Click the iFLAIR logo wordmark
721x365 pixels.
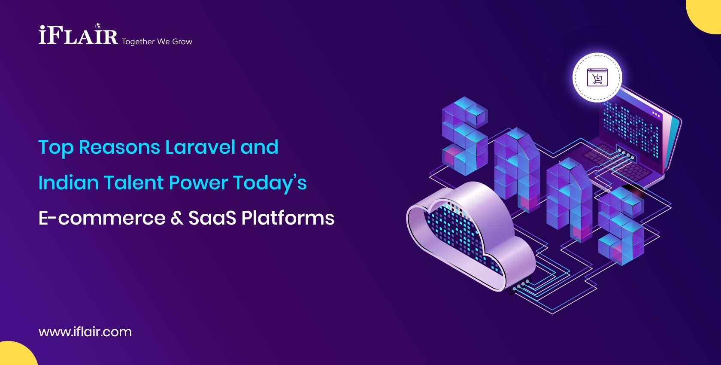coord(78,35)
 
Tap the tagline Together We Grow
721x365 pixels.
coord(157,42)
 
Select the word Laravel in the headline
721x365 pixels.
coord(200,147)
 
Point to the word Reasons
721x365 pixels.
coord(119,147)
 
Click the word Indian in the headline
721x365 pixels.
coord(68,182)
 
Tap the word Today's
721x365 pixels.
coord(270,182)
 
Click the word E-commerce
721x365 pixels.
coord(102,218)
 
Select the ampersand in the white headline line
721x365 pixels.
coord(177,218)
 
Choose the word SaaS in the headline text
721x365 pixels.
coord(212,218)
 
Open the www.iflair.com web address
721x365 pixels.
coord(85,332)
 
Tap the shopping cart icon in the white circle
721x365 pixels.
coord(597,78)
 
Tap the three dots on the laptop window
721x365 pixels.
coord(656,114)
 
